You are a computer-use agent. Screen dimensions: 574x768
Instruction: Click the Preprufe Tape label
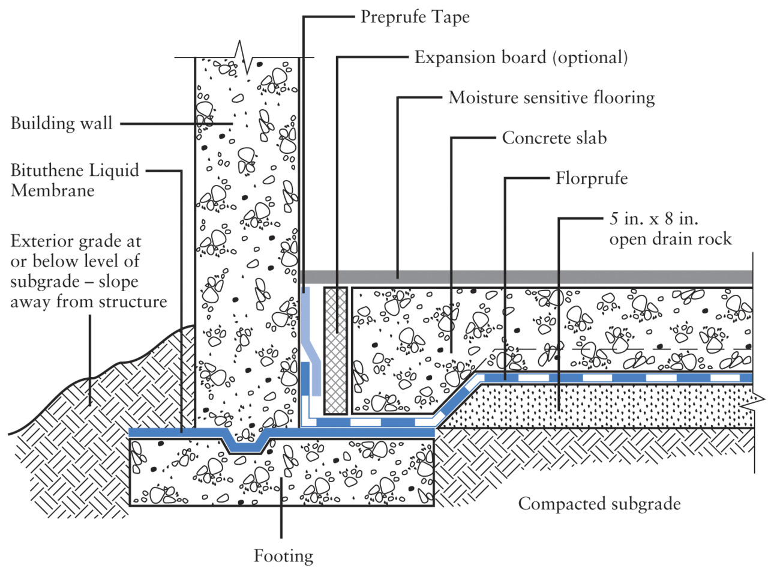pyautogui.click(x=415, y=17)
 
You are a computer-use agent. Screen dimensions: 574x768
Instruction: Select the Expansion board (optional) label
pyautogui.click(x=521, y=58)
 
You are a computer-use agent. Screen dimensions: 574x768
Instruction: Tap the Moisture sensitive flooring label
pyautogui.click(x=551, y=98)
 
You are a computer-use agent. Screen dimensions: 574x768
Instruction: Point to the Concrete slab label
pyautogui.click(x=554, y=138)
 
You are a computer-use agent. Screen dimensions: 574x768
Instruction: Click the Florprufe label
pyautogui.click(x=591, y=178)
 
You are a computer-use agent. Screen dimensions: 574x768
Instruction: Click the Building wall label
pyautogui.click(x=61, y=124)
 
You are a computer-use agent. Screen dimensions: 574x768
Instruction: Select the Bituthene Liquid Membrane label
pyautogui.click(x=74, y=180)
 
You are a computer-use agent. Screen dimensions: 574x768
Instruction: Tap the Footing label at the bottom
pyautogui.click(x=283, y=556)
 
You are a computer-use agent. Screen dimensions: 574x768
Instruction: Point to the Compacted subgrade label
pyautogui.click(x=599, y=504)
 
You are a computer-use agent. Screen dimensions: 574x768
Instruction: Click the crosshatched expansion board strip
pyautogui.click(x=335, y=351)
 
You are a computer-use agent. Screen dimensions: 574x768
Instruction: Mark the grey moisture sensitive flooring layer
pyautogui.click(x=528, y=277)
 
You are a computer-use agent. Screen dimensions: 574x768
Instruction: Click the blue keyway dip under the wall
pyautogui.click(x=246, y=446)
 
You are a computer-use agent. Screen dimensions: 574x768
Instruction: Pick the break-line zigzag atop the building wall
pyautogui.click(x=245, y=56)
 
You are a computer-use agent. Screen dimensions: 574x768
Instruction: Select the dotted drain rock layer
pyautogui.click(x=600, y=405)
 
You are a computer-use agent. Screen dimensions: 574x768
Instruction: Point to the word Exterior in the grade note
pyautogui.click(x=46, y=241)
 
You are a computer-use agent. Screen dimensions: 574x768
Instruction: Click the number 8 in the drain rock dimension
pyautogui.click(x=669, y=219)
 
